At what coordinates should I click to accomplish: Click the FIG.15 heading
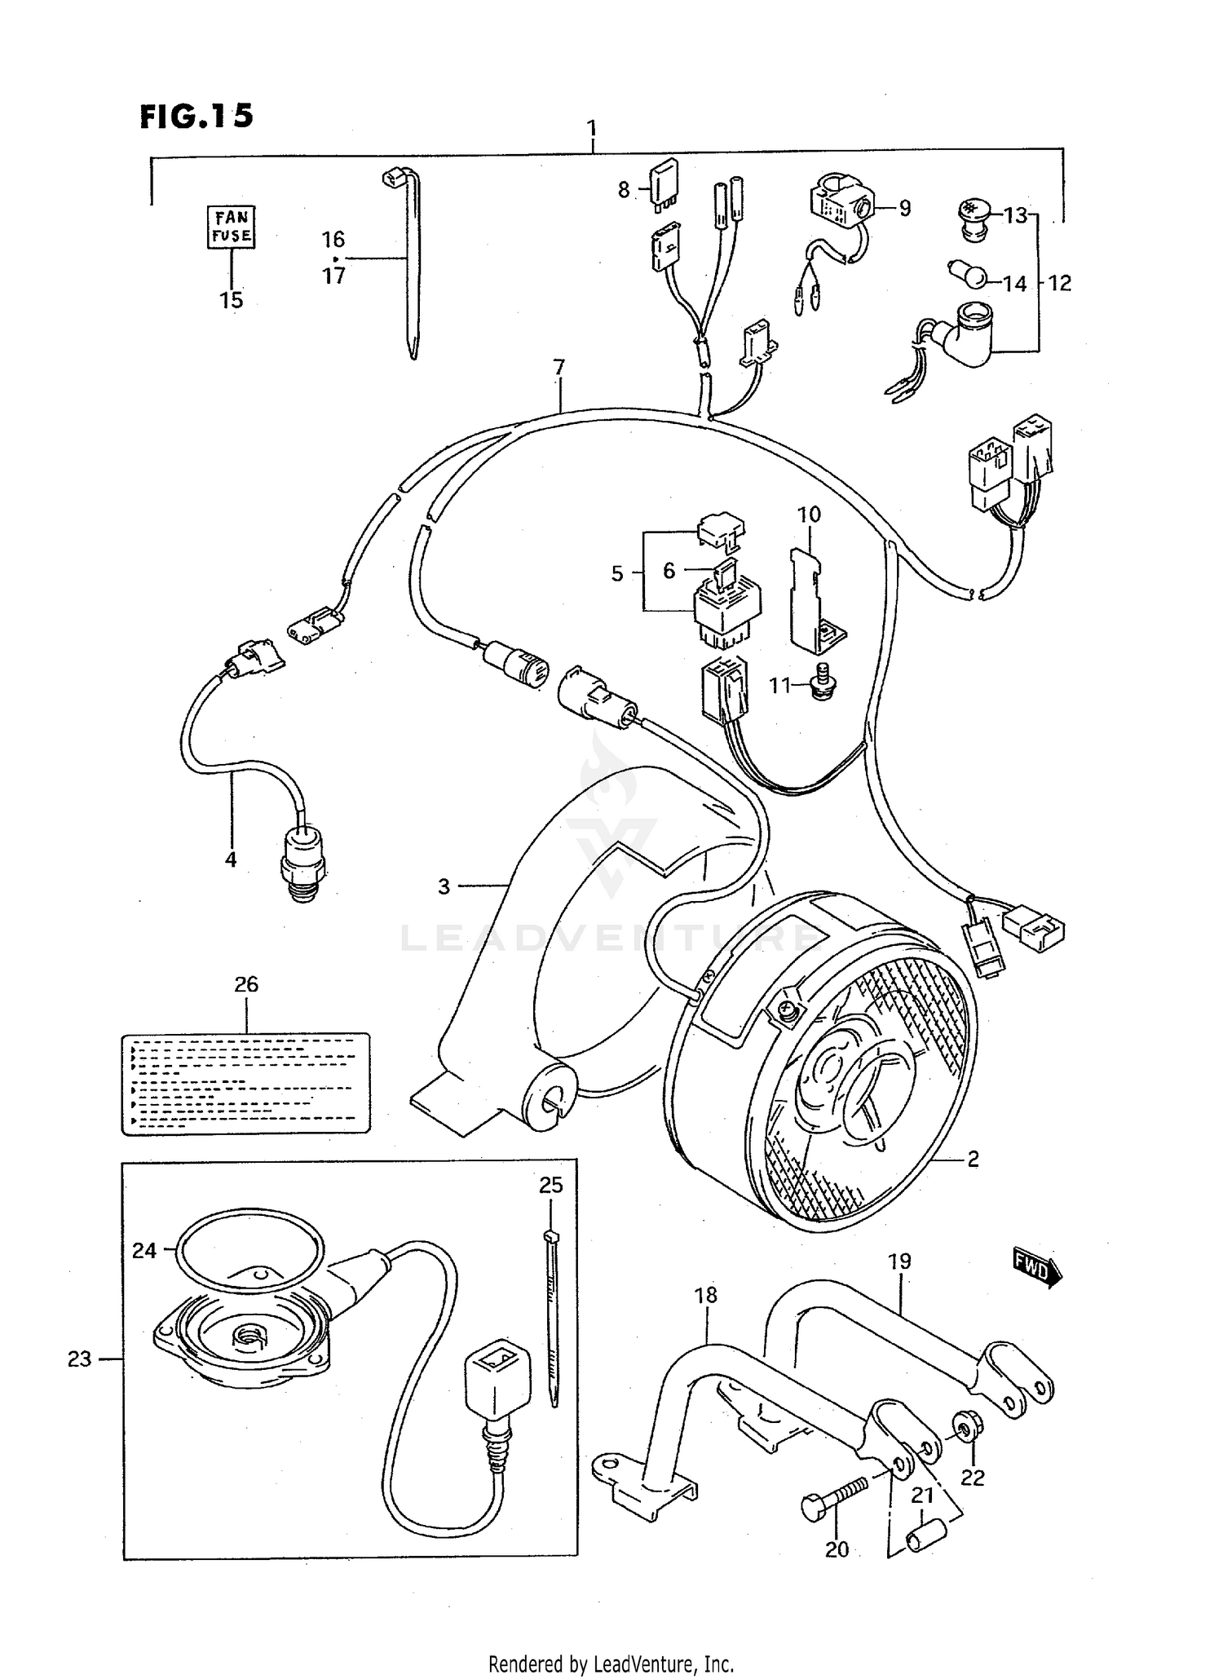click(x=196, y=116)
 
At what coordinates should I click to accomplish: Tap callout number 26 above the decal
click(x=246, y=984)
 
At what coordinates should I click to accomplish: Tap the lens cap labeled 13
click(x=971, y=214)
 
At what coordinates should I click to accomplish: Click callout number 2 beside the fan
click(x=973, y=1159)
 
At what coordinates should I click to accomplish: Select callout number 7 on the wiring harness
click(x=559, y=368)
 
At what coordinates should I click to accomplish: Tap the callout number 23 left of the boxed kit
click(x=79, y=1359)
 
